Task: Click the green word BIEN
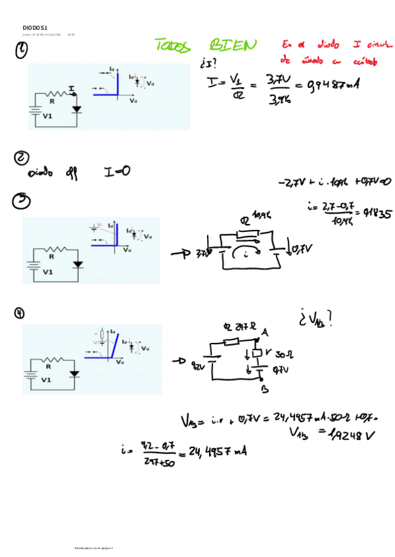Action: (x=233, y=45)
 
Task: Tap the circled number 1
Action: (x=23, y=51)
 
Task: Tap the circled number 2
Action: (x=21, y=158)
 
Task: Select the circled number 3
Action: (x=21, y=201)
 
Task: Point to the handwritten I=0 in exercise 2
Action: (x=117, y=171)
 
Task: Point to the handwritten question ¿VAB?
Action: (x=315, y=319)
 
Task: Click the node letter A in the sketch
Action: (x=264, y=332)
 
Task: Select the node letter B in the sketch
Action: (x=265, y=388)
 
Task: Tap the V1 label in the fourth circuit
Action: (x=47, y=380)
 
